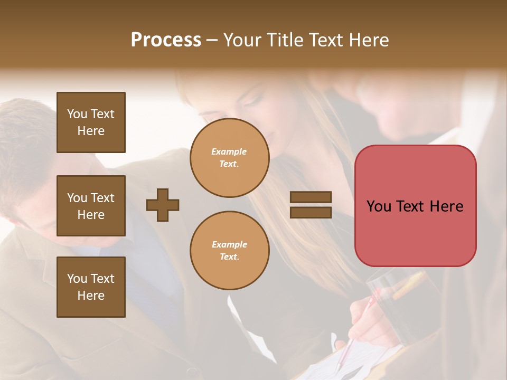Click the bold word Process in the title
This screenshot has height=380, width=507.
coord(166,40)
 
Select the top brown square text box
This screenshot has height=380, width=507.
coord(91,122)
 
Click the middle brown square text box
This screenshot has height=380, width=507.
coord(91,206)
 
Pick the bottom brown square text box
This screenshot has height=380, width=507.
coord(91,287)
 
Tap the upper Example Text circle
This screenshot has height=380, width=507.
coord(229,158)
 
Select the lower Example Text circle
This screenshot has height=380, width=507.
coord(229,251)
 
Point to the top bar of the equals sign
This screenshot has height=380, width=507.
coord(311,197)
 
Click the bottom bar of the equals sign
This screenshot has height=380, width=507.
coord(311,212)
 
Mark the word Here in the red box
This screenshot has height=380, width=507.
coord(447,206)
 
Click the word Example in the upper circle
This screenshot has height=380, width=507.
coord(229,151)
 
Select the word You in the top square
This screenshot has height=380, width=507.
coord(77,114)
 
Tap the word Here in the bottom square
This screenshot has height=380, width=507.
coord(91,296)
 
